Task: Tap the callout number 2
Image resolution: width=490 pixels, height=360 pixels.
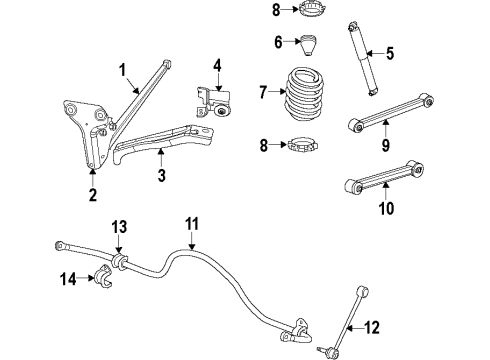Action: (x=92, y=195)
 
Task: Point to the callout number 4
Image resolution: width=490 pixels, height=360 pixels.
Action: (x=216, y=69)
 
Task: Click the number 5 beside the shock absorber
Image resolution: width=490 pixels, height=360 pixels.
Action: (x=391, y=54)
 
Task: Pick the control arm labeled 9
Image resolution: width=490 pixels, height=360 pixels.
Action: (x=390, y=112)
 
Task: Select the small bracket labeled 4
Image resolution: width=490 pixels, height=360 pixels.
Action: (x=216, y=104)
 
